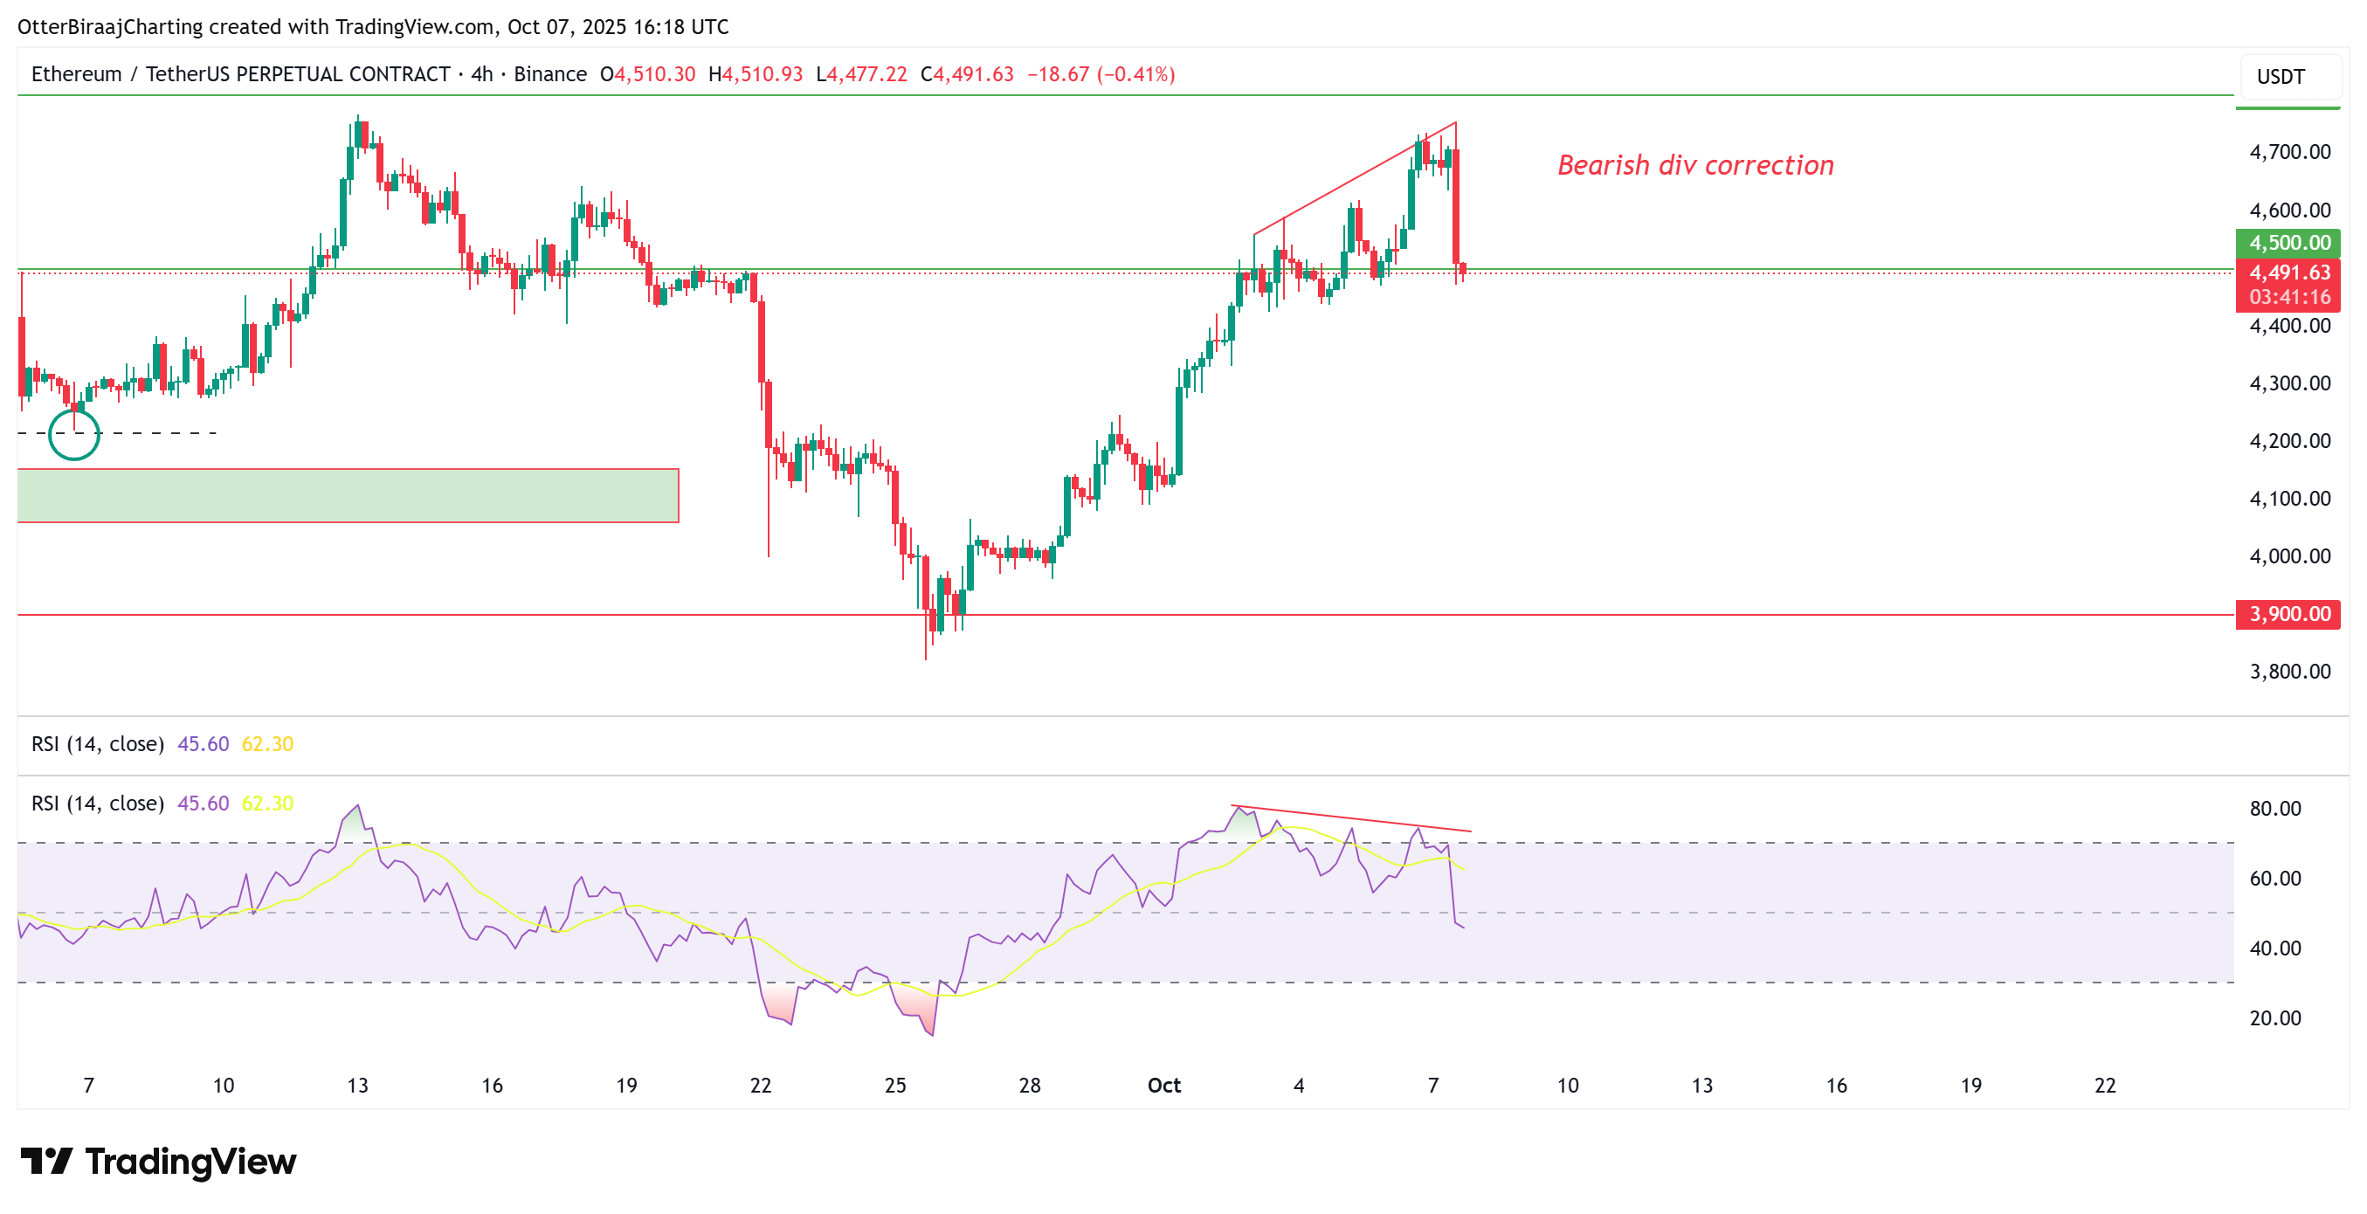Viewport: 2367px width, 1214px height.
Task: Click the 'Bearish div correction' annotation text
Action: tap(1695, 165)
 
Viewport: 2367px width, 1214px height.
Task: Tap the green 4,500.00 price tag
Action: tap(2288, 244)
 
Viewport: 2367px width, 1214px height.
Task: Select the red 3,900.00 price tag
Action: tap(2288, 614)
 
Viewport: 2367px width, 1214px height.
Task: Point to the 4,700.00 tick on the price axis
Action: tap(2289, 153)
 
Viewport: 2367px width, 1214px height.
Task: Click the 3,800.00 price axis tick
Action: tap(2289, 672)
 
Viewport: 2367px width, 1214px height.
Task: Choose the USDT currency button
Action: tap(2281, 77)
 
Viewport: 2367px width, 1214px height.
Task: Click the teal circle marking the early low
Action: tap(73, 434)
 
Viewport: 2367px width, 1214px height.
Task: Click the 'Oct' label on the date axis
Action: tap(1163, 1086)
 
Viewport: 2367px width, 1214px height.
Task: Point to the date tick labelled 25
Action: tap(895, 1086)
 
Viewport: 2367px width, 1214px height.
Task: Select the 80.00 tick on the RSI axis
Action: tap(2274, 809)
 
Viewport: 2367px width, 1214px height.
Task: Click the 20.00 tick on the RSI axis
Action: tap(2274, 1018)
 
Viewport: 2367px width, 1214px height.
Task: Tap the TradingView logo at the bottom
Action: tap(158, 1162)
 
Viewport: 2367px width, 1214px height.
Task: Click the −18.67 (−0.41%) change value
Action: tap(1101, 74)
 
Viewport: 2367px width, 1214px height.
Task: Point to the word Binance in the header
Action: tap(549, 74)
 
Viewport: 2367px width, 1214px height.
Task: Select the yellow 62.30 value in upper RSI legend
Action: tap(267, 744)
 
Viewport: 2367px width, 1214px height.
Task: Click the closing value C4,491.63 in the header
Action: tap(967, 74)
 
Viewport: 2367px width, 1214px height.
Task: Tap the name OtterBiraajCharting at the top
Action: tap(109, 27)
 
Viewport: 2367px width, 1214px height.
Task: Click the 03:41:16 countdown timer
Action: tap(2289, 297)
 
